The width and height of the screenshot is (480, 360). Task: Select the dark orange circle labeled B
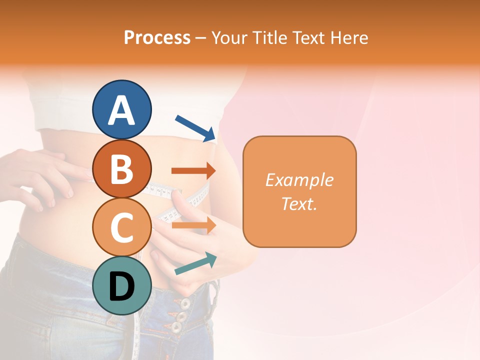coord(122,168)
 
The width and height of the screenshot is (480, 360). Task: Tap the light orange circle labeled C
coord(122,227)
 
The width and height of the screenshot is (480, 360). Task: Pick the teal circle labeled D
coord(122,285)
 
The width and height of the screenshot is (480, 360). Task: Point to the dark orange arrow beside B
coord(193,171)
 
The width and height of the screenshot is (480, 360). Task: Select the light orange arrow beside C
coord(193,225)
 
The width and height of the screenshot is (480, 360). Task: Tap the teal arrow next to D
coord(195,263)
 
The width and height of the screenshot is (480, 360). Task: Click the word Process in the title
coord(157,38)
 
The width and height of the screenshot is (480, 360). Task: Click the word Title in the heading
coord(270,38)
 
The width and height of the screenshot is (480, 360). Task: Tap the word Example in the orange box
coord(299,180)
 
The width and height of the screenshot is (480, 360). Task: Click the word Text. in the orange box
coord(299,203)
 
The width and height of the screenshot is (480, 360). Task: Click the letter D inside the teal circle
coord(122,287)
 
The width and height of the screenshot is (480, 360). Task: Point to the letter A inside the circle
coord(122,111)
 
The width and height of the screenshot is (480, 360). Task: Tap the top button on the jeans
coord(185,303)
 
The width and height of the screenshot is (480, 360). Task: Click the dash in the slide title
coord(200,38)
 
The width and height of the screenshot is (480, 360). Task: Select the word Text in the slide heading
coord(307,38)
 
